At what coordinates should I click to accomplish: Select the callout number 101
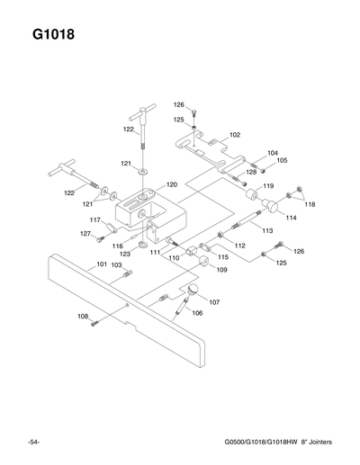pos(102,264)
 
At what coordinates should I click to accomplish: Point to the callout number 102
pos(234,134)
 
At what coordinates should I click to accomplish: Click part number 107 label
pos(214,302)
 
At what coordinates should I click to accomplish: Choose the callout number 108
pos(82,317)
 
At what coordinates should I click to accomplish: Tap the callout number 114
pos(291,218)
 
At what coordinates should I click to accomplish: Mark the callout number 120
pos(171,185)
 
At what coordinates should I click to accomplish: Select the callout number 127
pos(85,234)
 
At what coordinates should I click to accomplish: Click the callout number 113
pos(267,231)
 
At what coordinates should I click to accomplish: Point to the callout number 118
pos(310,204)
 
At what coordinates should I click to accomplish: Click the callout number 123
pos(125,255)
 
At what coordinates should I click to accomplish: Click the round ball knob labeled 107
pos(193,289)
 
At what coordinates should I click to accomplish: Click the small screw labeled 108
pos(94,324)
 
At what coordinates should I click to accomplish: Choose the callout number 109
pos(221,269)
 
